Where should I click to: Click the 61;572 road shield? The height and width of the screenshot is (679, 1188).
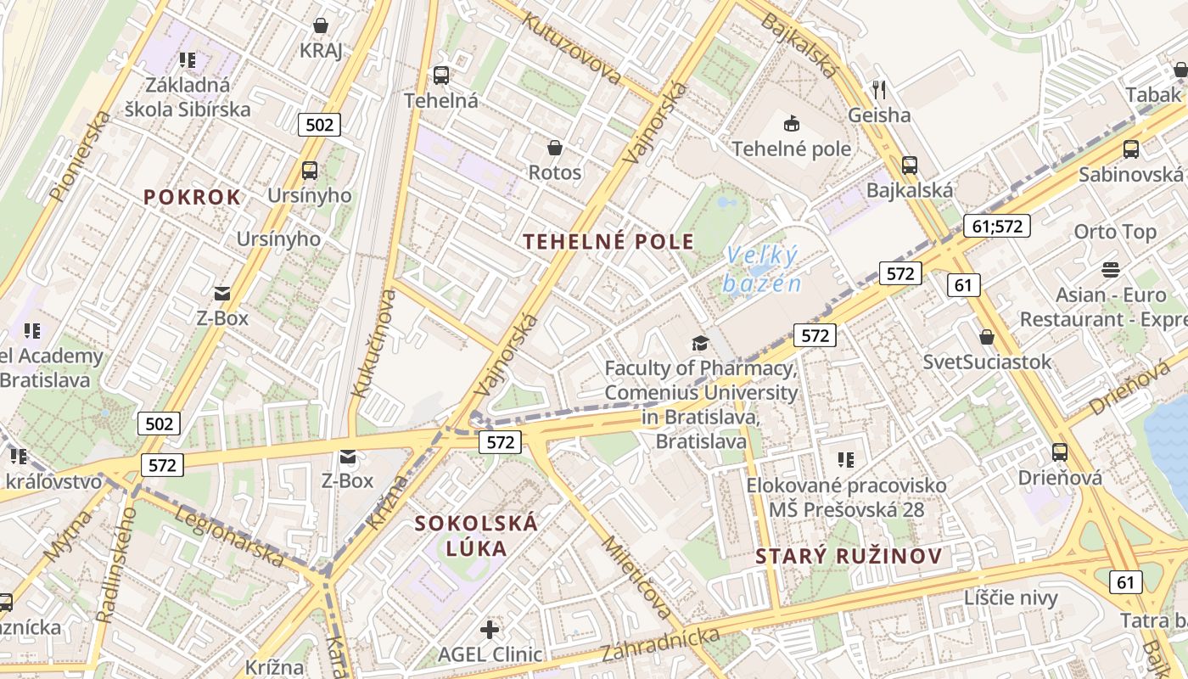[996, 225]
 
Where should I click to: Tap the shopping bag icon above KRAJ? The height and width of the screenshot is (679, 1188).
[321, 25]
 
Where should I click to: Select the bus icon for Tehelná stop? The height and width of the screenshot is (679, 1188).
[441, 75]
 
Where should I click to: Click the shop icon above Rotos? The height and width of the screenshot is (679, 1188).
[555, 148]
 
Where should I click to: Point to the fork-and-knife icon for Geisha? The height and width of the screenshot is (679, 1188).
[879, 89]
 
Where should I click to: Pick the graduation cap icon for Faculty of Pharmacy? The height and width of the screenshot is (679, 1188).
[699, 343]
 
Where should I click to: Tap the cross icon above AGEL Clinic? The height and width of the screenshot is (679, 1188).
[490, 630]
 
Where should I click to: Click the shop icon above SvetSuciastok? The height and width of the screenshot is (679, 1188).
[987, 337]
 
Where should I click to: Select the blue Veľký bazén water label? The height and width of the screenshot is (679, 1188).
[762, 268]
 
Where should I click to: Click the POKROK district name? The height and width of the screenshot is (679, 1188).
[192, 197]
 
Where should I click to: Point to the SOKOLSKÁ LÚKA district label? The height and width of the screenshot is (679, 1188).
[476, 535]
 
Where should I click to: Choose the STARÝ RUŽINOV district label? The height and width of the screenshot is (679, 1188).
[849, 557]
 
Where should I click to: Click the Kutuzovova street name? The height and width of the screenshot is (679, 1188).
[572, 48]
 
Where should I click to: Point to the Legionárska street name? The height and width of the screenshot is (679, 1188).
[229, 535]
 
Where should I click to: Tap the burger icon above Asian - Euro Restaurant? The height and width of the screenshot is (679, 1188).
[1111, 270]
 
